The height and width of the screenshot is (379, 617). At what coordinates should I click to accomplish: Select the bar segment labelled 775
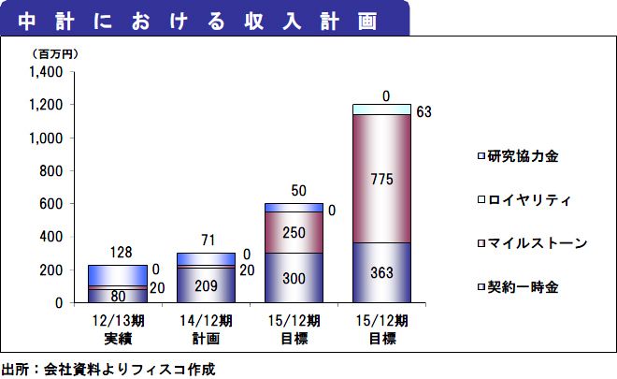pyautogui.click(x=381, y=178)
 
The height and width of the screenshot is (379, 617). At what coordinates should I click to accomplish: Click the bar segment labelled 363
pyautogui.click(x=381, y=272)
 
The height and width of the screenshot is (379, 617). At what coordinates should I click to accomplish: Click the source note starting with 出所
pyautogui.click(x=108, y=369)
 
